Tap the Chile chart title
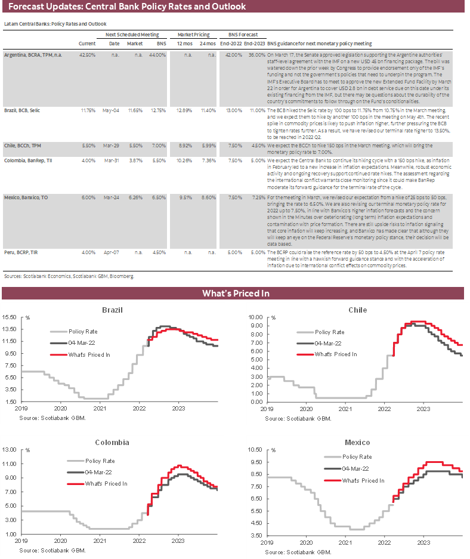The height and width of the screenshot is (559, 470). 357,310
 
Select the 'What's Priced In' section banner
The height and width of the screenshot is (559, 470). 235,293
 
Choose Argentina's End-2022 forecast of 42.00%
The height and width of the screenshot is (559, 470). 233,54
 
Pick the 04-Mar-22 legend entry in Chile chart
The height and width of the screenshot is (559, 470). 329,343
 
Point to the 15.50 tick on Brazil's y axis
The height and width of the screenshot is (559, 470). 12,316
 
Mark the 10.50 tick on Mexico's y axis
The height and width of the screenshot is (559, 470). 255,449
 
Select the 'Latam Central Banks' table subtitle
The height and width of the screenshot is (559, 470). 55,24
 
